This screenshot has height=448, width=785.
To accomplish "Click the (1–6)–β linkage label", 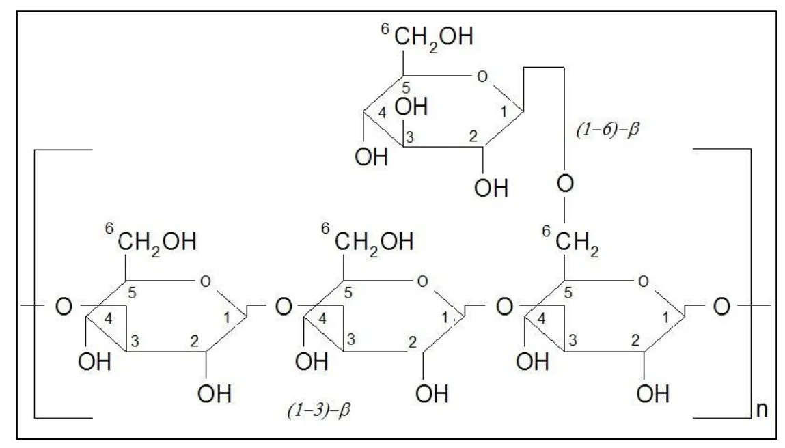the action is point(608,130).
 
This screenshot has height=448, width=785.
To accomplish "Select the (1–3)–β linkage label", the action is point(319,410).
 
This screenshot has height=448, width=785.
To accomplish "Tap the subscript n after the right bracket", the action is point(762,410).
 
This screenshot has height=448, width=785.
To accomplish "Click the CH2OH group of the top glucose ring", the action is point(434,37).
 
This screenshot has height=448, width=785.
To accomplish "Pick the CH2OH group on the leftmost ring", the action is point(156,242).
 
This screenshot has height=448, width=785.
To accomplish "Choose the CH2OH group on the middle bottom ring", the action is point(374,242).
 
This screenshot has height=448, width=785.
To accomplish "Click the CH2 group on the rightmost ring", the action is point(577,242).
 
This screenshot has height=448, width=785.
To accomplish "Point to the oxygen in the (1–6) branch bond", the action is point(565,184).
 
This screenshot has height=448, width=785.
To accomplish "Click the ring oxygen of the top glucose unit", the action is point(482,76).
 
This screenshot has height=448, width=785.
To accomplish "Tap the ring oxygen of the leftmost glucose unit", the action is point(205,281).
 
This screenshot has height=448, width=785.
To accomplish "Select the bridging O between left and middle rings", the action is point(284,307).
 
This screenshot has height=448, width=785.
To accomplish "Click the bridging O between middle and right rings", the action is point(504,307).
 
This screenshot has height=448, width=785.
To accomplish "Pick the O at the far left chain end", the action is point(64,307).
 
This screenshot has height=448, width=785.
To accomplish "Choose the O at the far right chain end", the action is point(721,307).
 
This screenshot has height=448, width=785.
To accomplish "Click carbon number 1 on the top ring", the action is point(504,111).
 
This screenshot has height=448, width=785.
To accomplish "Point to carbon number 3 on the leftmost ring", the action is point(134,341).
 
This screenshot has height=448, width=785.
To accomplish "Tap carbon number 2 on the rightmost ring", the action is point(635,341).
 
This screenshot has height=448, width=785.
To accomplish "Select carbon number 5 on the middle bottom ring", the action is point(348,293).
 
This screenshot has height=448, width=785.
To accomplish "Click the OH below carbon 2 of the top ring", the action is point(491,188).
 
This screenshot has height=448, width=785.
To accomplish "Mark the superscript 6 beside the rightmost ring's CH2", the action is point(546,231).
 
